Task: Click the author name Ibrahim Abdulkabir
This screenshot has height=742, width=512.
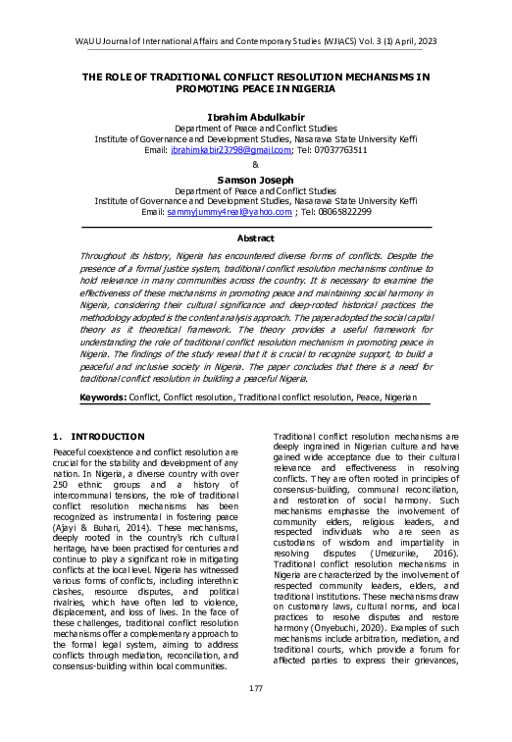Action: [255, 116]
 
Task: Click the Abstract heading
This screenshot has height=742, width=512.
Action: [255, 238]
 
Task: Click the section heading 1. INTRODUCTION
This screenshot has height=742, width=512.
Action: [98, 436]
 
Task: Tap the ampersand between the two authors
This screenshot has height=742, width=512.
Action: [256, 164]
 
